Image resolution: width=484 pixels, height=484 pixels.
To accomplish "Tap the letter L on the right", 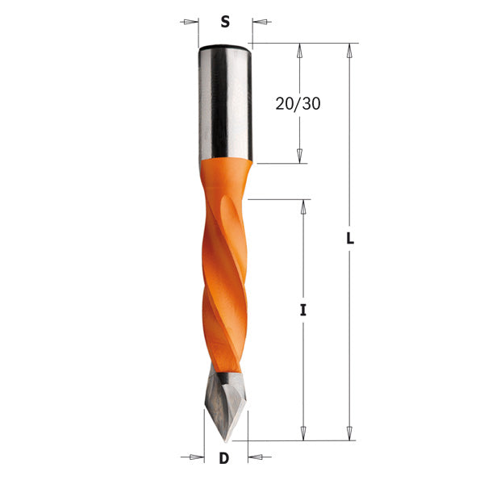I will [351, 240].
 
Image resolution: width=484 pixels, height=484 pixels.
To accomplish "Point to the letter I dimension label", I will [303, 310].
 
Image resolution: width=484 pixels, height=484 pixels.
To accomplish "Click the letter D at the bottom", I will [224, 458].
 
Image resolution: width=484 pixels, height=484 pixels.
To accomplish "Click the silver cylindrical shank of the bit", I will [224, 101].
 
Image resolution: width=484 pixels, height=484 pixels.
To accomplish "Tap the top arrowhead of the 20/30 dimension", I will [299, 51].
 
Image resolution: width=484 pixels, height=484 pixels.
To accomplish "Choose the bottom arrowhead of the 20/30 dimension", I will [299, 156].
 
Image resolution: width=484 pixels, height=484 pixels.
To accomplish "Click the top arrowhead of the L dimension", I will [350, 51].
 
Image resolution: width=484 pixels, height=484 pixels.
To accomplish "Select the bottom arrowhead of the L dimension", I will [350, 433].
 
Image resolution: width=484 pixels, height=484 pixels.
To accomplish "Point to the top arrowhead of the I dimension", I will [303, 207].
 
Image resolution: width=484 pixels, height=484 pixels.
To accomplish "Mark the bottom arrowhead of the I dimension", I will [303, 433].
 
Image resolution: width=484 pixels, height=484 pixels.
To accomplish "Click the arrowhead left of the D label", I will [194, 458].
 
